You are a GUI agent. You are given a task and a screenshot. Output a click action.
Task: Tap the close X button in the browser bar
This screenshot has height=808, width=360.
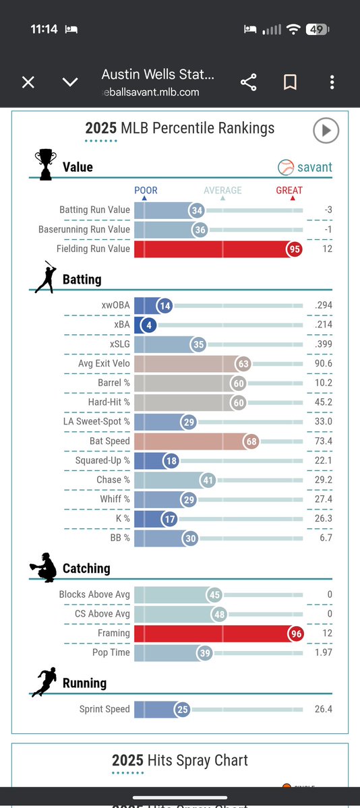28,82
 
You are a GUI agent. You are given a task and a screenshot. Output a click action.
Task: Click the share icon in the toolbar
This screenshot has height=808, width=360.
249,82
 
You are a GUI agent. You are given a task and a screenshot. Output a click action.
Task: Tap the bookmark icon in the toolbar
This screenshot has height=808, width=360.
291,82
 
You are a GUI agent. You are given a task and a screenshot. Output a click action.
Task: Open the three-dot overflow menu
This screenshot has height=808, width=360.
332,82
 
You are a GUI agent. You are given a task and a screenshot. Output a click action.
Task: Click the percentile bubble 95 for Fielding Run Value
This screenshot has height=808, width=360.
293,249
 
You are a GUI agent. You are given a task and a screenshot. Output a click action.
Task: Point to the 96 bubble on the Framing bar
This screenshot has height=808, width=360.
295,633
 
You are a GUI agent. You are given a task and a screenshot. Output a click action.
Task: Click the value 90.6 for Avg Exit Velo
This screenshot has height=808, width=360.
323,364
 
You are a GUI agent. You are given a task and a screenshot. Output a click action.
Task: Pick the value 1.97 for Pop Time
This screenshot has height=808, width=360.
322,653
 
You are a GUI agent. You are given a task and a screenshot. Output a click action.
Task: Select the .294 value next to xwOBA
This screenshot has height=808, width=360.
324,305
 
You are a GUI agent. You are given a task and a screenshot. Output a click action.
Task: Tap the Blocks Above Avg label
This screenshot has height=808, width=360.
94,594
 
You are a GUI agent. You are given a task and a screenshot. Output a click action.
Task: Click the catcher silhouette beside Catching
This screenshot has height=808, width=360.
43,568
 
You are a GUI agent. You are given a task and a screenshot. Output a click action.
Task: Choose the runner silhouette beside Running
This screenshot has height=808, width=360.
43,683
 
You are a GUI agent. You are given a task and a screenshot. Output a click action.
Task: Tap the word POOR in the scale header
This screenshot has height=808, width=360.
146,190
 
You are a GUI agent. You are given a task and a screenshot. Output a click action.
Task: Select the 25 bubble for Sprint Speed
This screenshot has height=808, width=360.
182,710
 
